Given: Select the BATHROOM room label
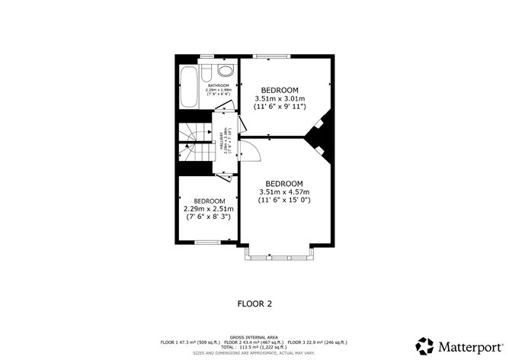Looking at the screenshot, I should (208, 85).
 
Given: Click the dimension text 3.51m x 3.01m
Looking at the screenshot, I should (280, 98).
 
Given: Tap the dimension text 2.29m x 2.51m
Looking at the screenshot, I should (209, 208).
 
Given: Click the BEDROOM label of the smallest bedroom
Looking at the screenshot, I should (209, 201).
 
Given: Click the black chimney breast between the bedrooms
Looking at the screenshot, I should (319, 136).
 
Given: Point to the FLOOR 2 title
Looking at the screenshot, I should (254, 304).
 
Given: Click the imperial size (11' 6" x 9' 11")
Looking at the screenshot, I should (280, 107).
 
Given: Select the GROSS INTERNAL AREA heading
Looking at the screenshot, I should (254, 336).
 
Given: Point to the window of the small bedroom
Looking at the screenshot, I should (207, 243).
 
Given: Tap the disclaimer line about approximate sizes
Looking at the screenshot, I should (254, 352).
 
